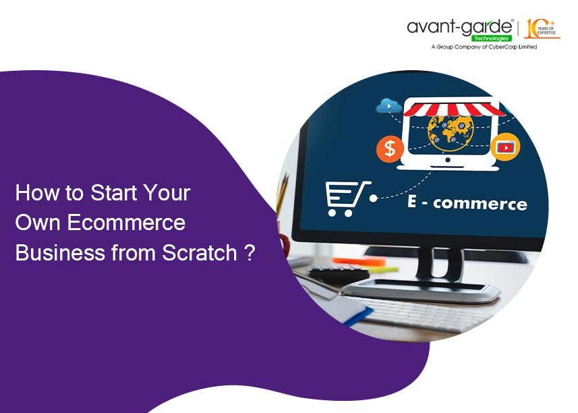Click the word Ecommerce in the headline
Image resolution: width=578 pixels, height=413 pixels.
pyautogui.click(x=126, y=222)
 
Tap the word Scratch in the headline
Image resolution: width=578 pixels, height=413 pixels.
pyautogui.click(x=200, y=252)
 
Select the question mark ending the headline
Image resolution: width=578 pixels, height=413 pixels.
pyautogui.click(x=250, y=252)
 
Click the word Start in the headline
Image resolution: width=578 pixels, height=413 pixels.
pyautogui.click(x=114, y=192)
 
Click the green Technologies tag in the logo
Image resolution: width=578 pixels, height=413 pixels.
pyautogui.click(x=492, y=38)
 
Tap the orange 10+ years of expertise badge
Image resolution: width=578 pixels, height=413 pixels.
pyautogui.click(x=542, y=29)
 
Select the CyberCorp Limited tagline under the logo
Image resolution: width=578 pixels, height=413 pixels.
pyautogui.click(x=484, y=47)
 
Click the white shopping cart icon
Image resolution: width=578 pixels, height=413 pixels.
pyautogui.click(x=347, y=198)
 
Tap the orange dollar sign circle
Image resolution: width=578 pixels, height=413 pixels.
pyautogui.click(x=390, y=148)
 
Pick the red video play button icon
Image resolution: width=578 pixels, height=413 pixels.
pyautogui.click(x=505, y=147)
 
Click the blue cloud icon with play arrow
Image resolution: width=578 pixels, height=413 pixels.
pyautogui.click(x=389, y=106)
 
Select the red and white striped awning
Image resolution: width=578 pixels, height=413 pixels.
pyautogui.click(x=454, y=109)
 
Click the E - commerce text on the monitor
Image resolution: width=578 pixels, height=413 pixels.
pyautogui.click(x=467, y=203)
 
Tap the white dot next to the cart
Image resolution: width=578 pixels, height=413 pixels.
pyautogui.click(x=374, y=198)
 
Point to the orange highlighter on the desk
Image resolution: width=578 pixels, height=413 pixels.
pyautogui.click(x=359, y=261)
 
